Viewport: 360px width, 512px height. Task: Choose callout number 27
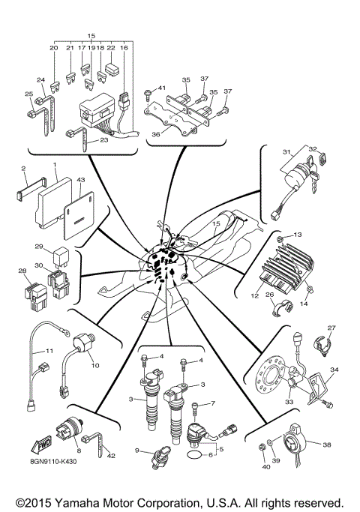332,327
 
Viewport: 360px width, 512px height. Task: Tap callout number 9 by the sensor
137,450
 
